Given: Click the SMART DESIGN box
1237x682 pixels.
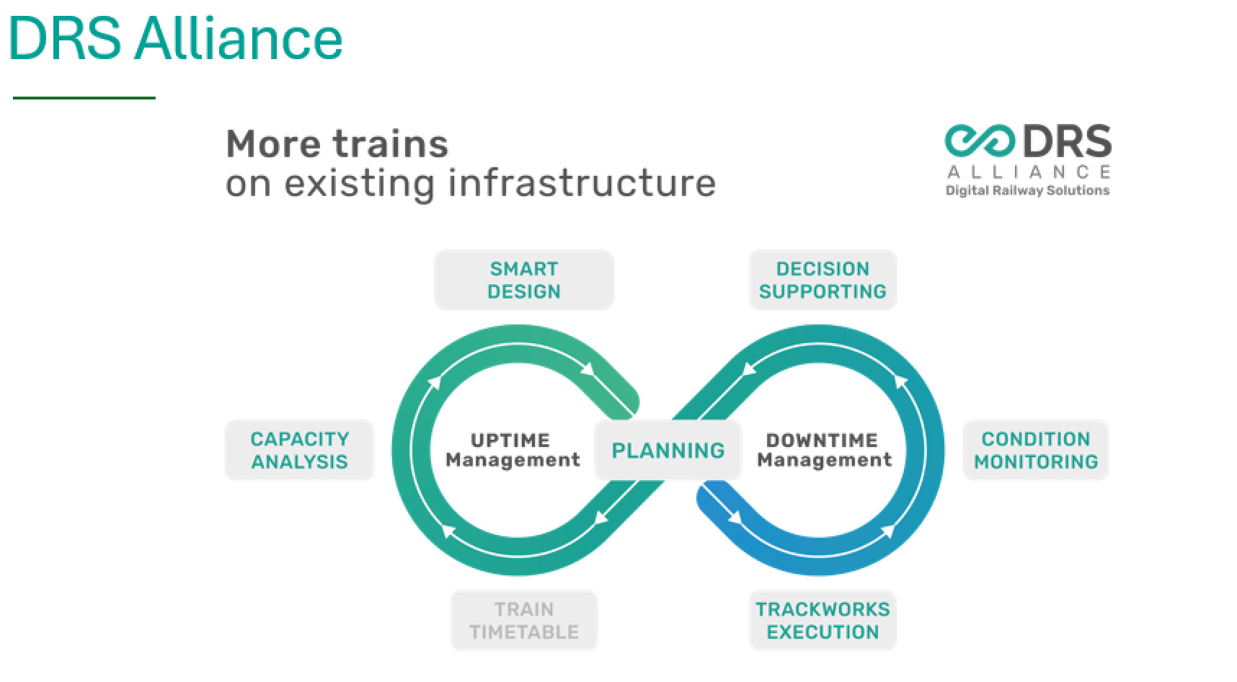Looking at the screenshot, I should pos(523,280).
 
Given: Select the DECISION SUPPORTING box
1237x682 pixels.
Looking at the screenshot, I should pos(823,280).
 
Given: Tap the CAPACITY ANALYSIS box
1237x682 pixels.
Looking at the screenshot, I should pos(299,450).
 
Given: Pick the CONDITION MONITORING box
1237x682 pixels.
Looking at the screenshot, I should pos(1036,450).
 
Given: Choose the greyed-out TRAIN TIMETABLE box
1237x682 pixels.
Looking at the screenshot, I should pos(524,621).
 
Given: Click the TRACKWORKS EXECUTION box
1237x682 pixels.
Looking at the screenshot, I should pos(823,621).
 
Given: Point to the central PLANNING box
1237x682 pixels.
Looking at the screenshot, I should pos(668,451).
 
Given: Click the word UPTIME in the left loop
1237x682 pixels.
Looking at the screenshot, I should pos(510,440).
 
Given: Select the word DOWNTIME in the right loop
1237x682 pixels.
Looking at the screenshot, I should pos(822,440).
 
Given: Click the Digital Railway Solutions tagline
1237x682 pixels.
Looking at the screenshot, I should pos(1027,190).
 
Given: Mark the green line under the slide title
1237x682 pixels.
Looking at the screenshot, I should pos(84,97).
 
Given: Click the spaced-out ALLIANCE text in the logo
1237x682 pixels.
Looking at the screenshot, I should pos(1028,172).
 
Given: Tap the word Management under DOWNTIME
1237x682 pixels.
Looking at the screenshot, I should pos(824,459).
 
